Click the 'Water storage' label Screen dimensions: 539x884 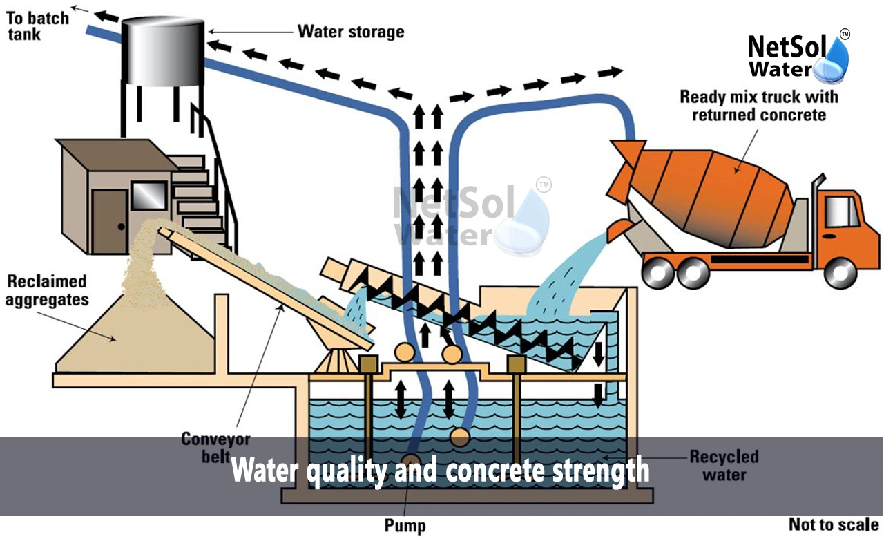click(350, 32)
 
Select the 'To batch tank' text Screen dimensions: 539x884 click(39, 26)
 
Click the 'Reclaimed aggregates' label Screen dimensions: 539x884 click(47, 290)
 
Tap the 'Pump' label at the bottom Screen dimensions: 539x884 click(405, 525)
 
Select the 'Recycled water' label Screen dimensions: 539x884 click(724, 465)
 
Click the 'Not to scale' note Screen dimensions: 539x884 click(834, 524)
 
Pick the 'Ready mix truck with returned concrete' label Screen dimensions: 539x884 click(752, 105)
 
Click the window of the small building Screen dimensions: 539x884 click(148, 196)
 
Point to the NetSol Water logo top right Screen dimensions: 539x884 click(798, 57)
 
